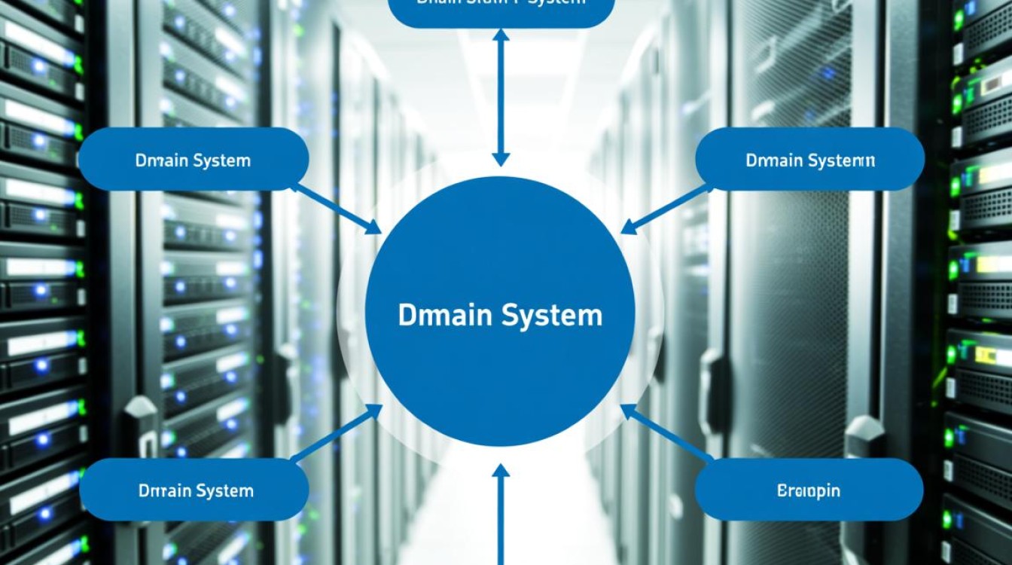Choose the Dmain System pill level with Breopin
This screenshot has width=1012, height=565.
[x=194, y=491]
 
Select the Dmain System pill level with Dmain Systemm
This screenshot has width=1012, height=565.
[x=193, y=160]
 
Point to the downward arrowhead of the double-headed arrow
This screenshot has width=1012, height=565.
[x=501, y=159]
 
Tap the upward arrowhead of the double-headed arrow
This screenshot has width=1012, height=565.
[x=501, y=36]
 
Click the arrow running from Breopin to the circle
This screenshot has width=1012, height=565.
[x=666, y=433]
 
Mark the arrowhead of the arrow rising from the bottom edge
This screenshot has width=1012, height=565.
[x=501, y=472]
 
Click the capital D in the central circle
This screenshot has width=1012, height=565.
[x=404, y=315]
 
